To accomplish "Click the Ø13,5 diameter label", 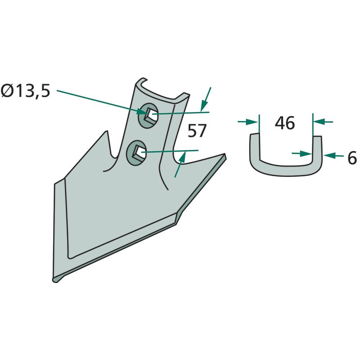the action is (x=25, y=91).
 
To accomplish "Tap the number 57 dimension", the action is (x=197, y=131).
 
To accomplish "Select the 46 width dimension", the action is (x=285, y=123).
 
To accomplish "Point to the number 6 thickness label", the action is (x=352, y=158).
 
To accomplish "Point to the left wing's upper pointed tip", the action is (x=106, y=131).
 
